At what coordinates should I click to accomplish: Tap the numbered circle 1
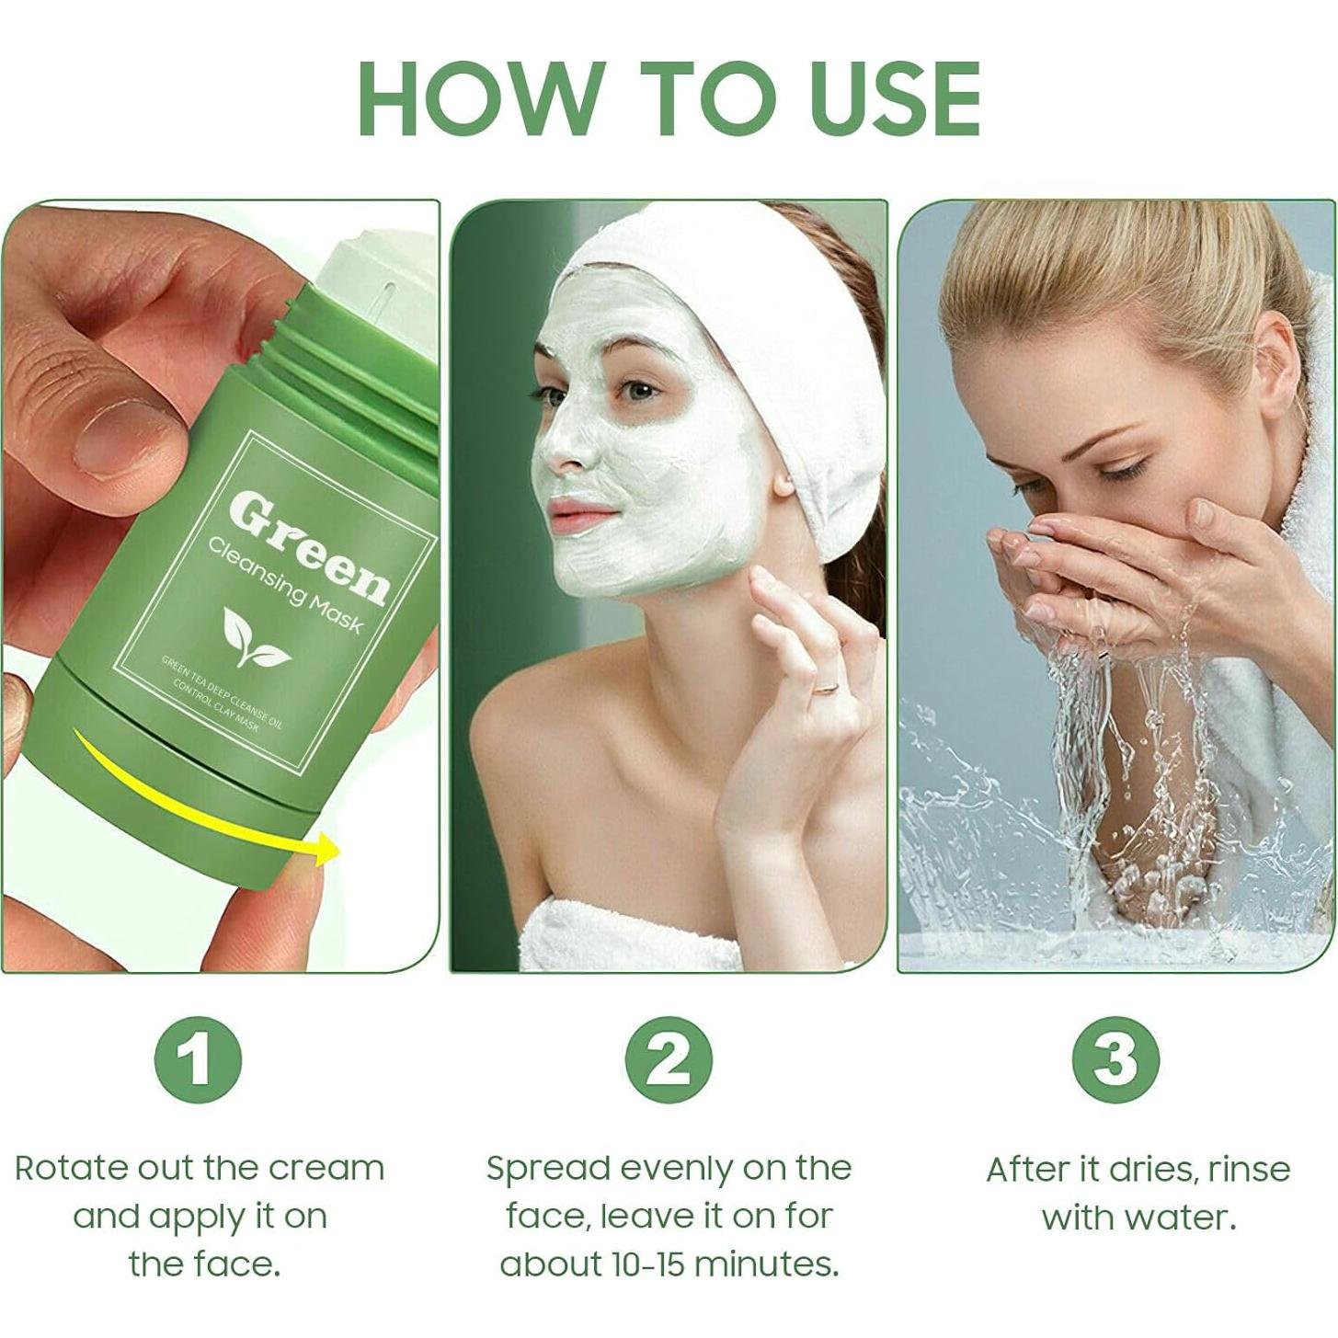198,1059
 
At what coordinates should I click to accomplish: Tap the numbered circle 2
669,1059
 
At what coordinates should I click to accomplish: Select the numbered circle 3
1115,1059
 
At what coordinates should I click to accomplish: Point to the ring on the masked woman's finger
827,686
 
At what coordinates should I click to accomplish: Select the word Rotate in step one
73,1169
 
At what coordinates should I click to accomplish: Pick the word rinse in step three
1249,1169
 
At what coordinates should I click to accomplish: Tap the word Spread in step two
547,1169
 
